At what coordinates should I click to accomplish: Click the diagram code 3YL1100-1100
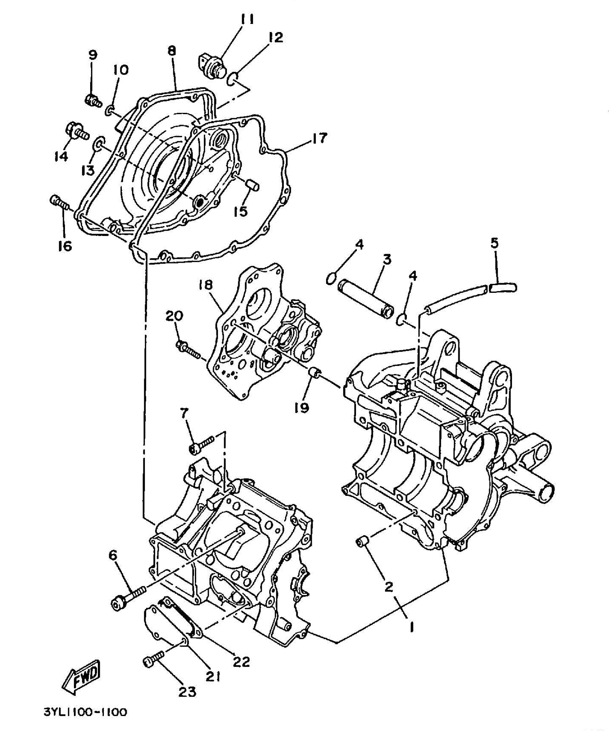click(85, 712)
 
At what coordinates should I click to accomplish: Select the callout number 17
click(319, 138)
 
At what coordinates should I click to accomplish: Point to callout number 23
click(187, 691)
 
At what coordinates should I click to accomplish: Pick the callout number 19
click(302, 407)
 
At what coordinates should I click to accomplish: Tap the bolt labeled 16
click(60, 202)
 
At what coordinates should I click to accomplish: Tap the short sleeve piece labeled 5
click(503, 288)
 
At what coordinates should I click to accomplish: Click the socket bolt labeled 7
click(201, 444)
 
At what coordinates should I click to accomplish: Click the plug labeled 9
click(93, 100)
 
